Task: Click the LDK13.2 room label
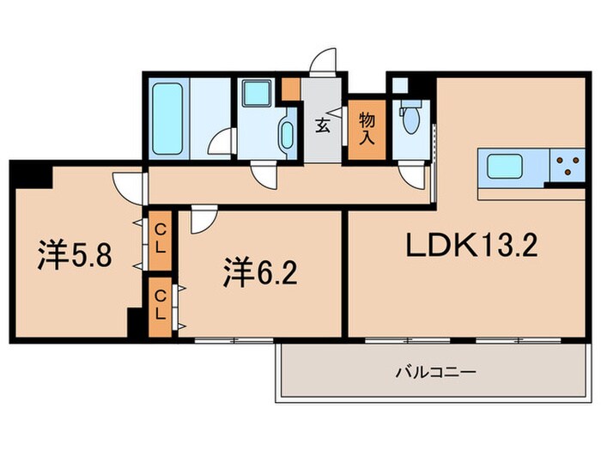(x=471, y=247)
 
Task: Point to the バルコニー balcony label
(x=423, y=373)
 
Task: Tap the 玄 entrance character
(x=323, y=125)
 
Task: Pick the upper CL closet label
(x=160, y=235)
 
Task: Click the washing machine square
(x=255, y=94)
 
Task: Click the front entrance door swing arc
(x=324, y=64)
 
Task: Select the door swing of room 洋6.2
(x=203, y=222)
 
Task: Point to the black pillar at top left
(x=31, y=174)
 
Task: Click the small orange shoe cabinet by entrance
(x=292, y=88)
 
